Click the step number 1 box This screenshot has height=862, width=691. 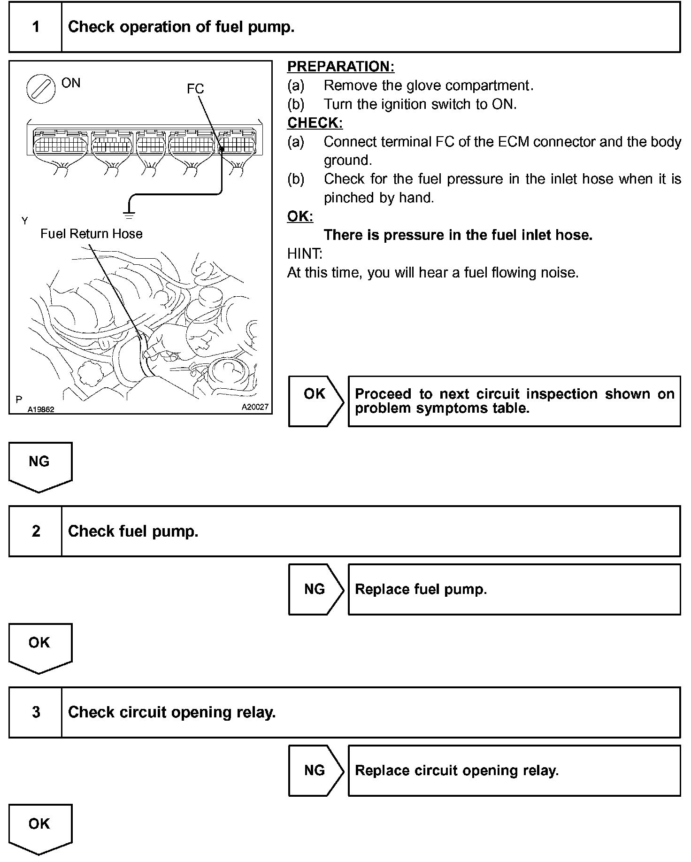tap(36, 27)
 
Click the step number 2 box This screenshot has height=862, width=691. tap(36, 531)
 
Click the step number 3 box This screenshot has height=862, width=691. tap(36, 712)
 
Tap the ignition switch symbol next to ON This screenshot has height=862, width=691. tap(38, 89)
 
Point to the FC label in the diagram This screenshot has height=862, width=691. tap(195, 89)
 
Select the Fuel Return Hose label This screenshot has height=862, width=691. tap(91, 234)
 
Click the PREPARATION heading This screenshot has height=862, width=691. tap(340, 67)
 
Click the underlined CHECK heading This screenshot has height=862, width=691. tap(315, 123)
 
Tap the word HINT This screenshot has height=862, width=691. tap(305, 254)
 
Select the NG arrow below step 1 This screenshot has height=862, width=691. tap(39, 465)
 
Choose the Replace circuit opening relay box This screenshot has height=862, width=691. tap(514, 770)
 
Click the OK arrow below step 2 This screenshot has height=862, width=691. tap(39, 646)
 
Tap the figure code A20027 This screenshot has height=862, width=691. tap(255, 407)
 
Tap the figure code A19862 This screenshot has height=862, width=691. tap(41, 409)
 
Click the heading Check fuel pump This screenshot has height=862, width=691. tap(133, 531)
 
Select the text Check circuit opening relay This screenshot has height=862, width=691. tap(171, 712)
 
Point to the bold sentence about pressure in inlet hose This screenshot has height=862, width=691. tap(458, 235)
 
